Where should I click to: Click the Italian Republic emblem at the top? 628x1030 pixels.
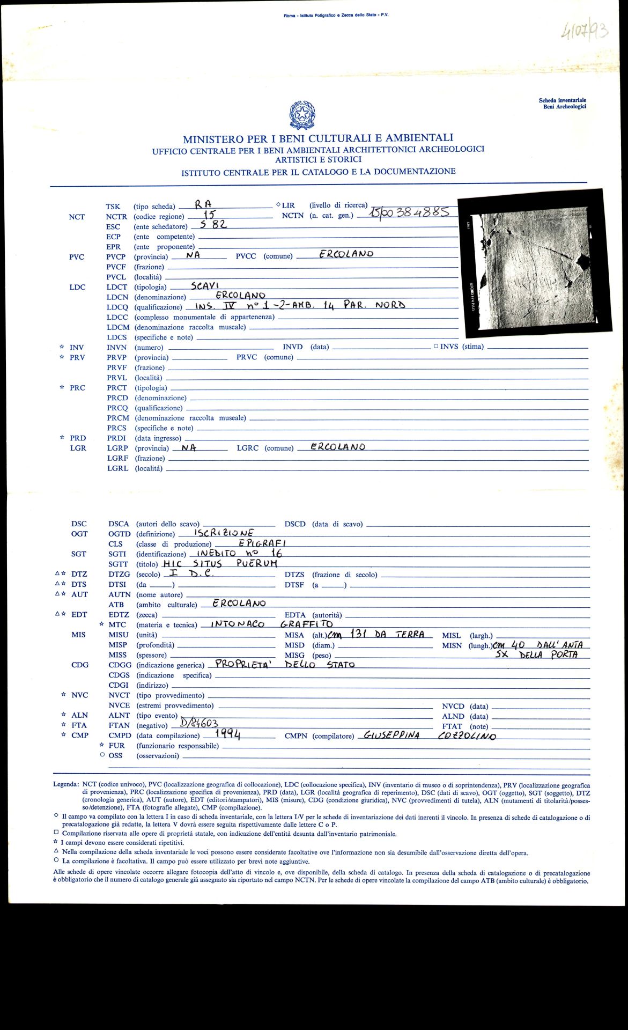tap(302, 115)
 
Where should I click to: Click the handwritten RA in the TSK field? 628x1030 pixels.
tap(203, 204)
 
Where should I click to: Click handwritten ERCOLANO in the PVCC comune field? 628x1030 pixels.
tap(346, 254)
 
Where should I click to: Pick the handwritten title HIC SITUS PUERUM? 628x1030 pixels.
tap(220, 563)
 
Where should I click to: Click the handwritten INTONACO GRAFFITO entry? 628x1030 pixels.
tap(271, 624)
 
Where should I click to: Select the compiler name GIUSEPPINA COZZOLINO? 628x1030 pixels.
tap(429, 735)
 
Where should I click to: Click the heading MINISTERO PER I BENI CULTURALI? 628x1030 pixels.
tap(318, 138)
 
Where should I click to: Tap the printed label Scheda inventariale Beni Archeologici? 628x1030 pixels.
tap(562, 104)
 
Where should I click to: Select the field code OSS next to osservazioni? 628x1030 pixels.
tap(115, 755)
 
